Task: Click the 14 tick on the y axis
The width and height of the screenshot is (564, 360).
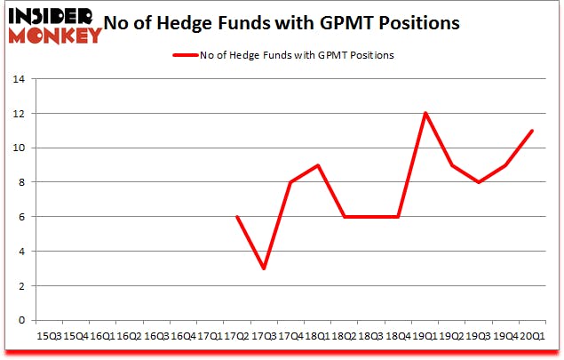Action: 20,79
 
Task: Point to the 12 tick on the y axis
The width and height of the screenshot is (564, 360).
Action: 20,114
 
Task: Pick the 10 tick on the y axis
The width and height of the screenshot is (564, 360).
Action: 20,148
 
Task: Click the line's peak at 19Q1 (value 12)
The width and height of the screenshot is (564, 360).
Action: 425,113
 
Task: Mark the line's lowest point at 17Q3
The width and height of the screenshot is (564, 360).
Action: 263,268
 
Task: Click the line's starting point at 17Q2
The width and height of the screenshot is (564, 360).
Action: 236,217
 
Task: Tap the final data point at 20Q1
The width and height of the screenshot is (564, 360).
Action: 532,131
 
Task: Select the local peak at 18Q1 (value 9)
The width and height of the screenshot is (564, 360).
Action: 317,165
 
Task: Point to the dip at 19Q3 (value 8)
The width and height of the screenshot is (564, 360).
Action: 479,182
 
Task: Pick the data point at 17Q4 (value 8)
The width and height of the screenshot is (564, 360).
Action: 290,182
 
